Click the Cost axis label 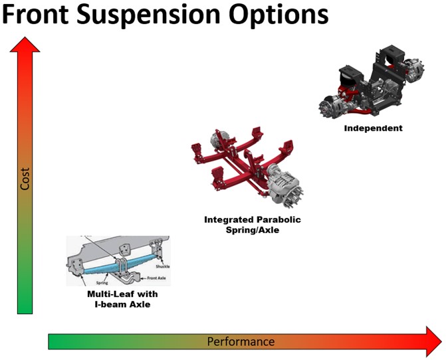point(25,179)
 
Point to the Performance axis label point(240,341)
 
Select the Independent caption point(373,128)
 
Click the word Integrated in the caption point(229,219)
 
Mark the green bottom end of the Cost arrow point(25,308)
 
